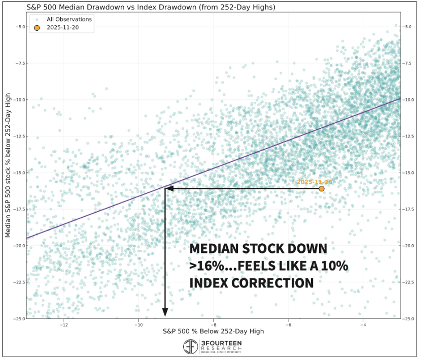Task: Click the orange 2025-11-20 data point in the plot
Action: point(321,188)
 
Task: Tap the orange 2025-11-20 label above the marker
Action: point(314,182)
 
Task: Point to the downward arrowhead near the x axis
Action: point(165,312)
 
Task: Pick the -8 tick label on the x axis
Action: point(213,324)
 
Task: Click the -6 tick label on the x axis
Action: point(288,324)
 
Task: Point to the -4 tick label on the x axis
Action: point(362,324)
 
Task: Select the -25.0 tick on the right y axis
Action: point(409,319)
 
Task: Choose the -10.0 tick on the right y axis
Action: point(409,100)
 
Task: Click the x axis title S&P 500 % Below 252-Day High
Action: point(213,332)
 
